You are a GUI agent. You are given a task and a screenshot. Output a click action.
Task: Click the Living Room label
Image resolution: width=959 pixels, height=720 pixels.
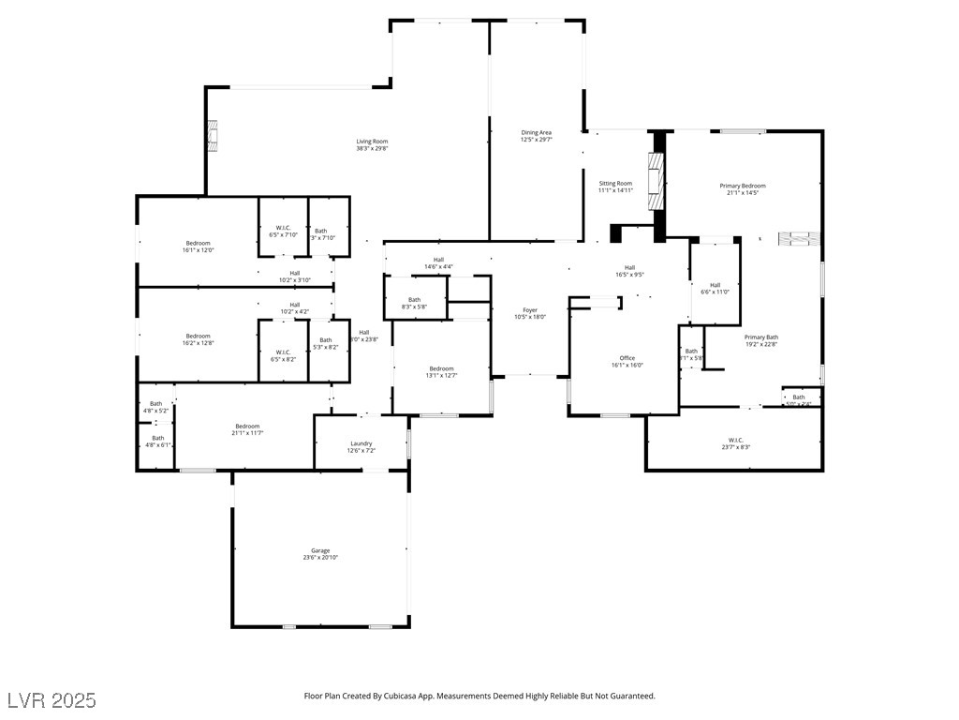click(x=372, y=142)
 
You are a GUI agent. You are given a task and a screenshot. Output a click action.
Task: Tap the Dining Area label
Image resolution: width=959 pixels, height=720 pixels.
click(x=537, y=133)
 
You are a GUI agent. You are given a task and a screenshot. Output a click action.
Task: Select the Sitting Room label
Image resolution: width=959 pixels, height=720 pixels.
click(x=615, y=184)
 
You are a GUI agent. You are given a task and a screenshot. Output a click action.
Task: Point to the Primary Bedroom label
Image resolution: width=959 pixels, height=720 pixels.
click(x=743, y=187)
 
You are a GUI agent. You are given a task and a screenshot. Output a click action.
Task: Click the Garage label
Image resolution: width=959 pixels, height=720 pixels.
click(x=320, y=550)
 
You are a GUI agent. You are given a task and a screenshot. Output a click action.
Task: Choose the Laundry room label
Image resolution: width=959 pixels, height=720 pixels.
click(x=361, y=443)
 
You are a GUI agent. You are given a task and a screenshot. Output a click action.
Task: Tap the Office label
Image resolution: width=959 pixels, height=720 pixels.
click(x=627, y=358)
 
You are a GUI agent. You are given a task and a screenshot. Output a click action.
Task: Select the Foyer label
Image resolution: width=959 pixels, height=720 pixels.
click(x=530, y=310)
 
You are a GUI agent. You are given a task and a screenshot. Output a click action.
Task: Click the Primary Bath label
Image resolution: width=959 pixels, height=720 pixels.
click(x=761, y=337)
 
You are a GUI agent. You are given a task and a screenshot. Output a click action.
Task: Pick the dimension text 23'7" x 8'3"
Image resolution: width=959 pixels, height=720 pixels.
click(x=735, y=447)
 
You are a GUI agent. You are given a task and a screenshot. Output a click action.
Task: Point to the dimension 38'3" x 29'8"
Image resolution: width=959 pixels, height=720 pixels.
click(x=372, y=148)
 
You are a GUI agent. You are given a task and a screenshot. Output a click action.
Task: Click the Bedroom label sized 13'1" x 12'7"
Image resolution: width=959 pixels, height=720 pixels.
click(x=441, y=368)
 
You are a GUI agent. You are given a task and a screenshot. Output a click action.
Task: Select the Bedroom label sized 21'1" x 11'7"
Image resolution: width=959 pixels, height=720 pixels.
click(x=247, y=426)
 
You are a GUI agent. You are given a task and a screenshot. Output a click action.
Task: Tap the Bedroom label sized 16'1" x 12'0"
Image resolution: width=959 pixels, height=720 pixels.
click(x=198, y=243)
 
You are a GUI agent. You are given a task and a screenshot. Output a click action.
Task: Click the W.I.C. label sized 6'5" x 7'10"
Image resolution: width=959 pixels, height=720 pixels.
click(x=283, y=228)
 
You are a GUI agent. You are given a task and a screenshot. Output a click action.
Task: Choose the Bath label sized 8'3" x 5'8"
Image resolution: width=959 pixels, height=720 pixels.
click(x=414, y=300)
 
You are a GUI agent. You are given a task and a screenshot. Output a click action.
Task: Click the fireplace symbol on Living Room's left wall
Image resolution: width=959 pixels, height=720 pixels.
click(x=214, y=136)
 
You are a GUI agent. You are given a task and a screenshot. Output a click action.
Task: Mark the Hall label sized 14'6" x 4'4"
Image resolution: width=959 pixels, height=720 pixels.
click(x=438, y=260)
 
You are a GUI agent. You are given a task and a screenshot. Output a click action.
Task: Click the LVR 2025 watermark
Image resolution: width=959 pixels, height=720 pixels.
click(x=52, y=700)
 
